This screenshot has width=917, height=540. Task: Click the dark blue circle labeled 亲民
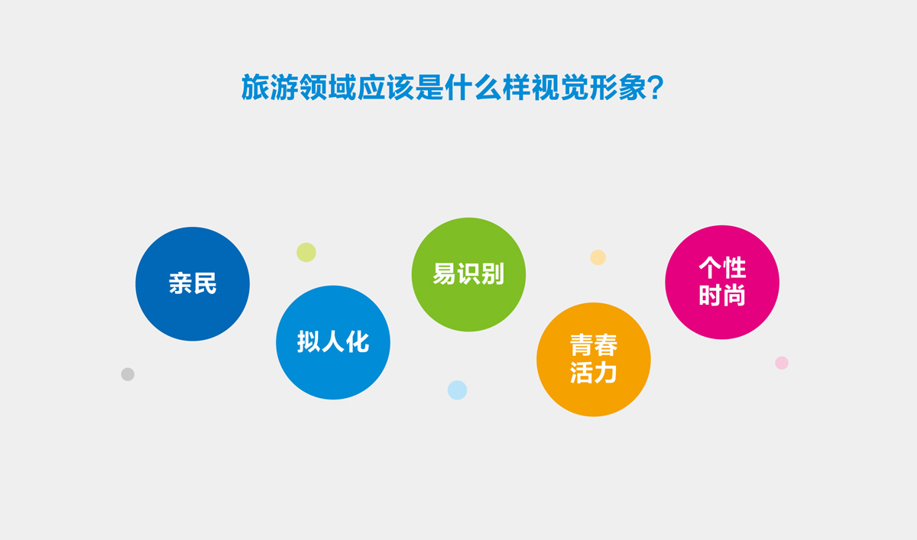click(x=193, y=283)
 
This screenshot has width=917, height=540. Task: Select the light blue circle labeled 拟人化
click(x=333, y=342)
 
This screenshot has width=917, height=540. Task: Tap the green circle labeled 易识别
click(x=468, y=274)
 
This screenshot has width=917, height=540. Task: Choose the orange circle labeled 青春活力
click(x=594, y=359)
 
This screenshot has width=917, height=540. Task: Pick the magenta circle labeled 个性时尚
click(x=722, y=282)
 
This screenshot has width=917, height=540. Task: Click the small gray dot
click(x=128, y=374)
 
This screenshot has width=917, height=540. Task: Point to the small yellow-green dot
click(x=306, y=252)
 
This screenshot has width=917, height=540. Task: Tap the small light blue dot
click(x=457, y=390)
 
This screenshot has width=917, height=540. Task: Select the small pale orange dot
click(x=598, y=257)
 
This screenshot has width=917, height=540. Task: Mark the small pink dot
click(x=782, y=363)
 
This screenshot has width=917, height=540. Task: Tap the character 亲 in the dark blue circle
click(x=180, y=284)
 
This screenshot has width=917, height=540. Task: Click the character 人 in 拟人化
click(x=333, y=342)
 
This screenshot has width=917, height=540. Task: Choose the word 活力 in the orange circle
click(x=594, y=373)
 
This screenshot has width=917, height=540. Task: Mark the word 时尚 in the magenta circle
click(x=722, y=296)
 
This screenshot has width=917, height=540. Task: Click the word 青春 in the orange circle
click(x=594, y=346)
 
